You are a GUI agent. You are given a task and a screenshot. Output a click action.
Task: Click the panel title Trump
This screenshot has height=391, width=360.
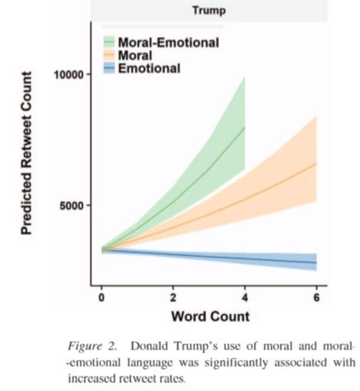click(x=209, y=11)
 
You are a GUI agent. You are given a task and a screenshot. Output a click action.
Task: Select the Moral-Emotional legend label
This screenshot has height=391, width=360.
click(x=168, y=42)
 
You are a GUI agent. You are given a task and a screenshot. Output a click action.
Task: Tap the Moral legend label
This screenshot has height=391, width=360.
click(x=135, y=55)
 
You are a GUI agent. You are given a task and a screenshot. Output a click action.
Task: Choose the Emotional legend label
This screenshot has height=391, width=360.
click(x=149, y=69)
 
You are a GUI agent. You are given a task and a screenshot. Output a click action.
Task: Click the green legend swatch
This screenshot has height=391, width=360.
click(x=109, y=42)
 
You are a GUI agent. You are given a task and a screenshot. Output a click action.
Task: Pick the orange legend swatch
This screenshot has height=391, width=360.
click(x=109, y=55)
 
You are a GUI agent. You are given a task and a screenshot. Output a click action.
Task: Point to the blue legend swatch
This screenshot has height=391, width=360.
click(x=109, y=69)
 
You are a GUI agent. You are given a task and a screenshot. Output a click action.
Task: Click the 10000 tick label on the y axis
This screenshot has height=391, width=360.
click(x=69, y=75)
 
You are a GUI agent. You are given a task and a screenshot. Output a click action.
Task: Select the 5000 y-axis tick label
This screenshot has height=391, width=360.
click(x=72, y=206)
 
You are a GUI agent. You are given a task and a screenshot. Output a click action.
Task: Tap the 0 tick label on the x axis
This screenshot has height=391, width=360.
click(x=102, y=298)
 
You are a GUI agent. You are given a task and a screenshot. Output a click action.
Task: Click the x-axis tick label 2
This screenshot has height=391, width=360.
click(x=173, y=298)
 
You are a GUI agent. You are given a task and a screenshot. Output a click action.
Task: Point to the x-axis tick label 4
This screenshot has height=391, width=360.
click(x=245, y=298)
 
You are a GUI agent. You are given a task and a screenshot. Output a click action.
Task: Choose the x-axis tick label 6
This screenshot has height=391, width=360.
click(x=317, y=298)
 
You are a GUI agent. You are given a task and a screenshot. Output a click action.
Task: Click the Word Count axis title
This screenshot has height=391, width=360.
click(x=210, y=316)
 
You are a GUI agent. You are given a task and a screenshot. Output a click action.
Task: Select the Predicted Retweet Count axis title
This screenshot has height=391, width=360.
click(x=26, y=153)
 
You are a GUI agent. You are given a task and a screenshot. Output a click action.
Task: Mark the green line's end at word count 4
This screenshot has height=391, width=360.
click(x=245, y=127)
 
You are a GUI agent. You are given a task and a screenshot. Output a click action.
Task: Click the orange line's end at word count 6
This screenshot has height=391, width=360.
click(x=317, y=163)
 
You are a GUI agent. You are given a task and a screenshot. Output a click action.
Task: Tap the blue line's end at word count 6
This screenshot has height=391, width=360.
click(x=317, y=262)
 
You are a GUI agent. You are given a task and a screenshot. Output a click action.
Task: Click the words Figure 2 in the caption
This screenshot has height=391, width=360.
click(x=92, y=346)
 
